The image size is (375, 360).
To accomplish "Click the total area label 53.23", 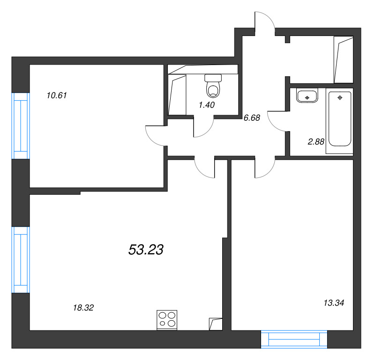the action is (146, 250).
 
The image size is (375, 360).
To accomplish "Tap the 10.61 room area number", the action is (57, 96).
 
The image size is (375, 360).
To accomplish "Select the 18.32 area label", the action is (83, 308).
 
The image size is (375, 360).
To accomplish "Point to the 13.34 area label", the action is (334, 303).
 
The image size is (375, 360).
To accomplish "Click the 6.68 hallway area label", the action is (252, 118).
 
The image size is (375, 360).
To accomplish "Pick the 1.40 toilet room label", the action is (207, 105).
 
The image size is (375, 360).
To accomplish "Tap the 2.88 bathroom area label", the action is (316, 142).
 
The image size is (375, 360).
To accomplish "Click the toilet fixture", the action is (213, 86).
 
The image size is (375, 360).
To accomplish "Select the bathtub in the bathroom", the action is (340, 119).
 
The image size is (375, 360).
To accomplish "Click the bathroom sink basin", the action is (307, 96).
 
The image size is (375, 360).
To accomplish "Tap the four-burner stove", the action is (167, 320).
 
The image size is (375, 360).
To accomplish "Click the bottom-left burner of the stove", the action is (162, 323).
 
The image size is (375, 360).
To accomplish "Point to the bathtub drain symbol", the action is (340, 98).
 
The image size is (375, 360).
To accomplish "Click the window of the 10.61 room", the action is (21, 125).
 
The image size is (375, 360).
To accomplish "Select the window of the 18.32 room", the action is (21, 260).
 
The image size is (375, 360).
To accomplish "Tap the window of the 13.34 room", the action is (294, 339).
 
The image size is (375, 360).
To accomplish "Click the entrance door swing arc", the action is (269, 17).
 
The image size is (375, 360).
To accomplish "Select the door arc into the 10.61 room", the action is (150, 139).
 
